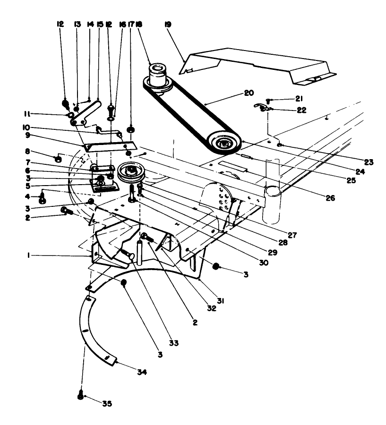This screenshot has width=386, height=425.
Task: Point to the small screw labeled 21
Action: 268,100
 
